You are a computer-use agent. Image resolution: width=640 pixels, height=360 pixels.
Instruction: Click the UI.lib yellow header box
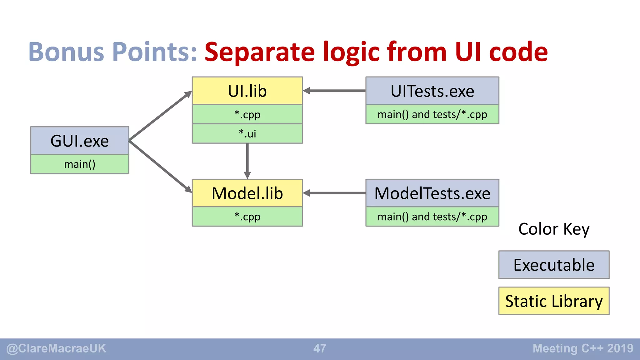pos(247,91)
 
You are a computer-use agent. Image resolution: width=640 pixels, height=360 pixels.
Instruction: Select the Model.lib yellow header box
pos(247,193)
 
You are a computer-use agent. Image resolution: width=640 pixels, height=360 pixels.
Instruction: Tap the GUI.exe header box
pos(80,141)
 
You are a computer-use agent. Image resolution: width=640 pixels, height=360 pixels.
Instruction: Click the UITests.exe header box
pos(432,91)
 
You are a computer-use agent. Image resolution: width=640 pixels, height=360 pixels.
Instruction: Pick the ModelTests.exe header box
pos(432,193)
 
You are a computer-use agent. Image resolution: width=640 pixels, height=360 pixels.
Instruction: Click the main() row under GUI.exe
pos(80,164)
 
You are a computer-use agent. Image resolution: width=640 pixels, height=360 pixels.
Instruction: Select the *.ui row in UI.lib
pos(247,134)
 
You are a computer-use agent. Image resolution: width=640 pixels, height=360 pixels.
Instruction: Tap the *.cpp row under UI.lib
pos(247,114)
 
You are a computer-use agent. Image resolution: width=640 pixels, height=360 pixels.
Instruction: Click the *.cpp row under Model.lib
pos(247,217)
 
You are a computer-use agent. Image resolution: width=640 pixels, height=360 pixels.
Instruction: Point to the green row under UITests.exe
pos(432,114)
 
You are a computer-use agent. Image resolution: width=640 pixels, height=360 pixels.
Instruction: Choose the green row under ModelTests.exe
pos(432,217)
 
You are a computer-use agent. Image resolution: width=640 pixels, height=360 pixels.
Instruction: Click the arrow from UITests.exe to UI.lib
pos(334,91)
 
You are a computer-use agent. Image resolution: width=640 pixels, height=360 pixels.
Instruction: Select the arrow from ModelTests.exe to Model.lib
pos(334,193)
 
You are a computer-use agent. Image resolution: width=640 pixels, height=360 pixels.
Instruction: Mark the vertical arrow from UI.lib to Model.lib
pos(247,161)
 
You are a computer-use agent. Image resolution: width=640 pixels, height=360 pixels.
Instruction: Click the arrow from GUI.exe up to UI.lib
pos(160,116)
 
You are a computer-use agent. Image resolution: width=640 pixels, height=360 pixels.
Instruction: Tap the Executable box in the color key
pos(554,265)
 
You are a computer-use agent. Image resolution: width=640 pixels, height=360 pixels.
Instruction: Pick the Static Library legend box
pos(554,301)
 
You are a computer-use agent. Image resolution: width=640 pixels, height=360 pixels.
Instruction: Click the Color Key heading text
pos(554,229)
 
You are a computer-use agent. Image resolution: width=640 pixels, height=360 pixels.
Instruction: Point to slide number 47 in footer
pos(320,348)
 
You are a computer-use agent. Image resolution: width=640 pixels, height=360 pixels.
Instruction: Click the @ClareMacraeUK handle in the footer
pos(56,348)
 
